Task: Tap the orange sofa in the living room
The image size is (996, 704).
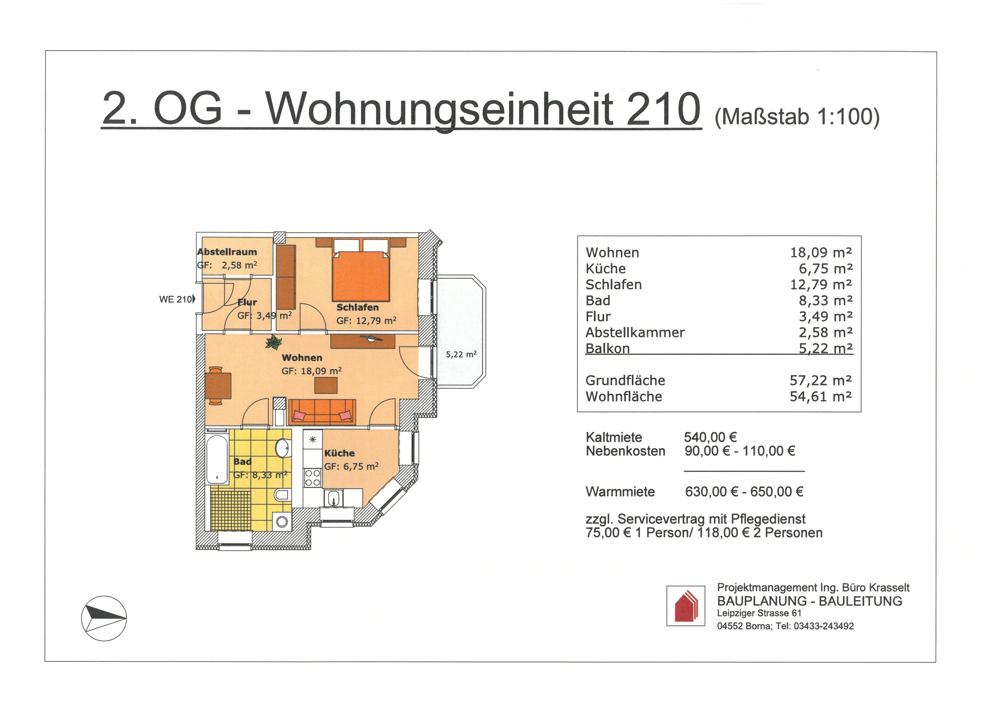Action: click(322, 412)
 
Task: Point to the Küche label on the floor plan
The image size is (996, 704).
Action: click(340, 453)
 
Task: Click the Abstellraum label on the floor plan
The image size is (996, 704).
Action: click(227, 252)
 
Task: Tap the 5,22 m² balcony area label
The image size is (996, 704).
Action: click(461, 354)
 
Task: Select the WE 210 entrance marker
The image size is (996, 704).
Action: click(177, 299)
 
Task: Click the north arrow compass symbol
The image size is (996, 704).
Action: click(104, 618)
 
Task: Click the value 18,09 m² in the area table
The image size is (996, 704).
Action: click(821, 252)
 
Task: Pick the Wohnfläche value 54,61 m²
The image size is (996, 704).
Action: click(821, 396)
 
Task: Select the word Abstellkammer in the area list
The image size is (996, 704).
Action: click(635, 333)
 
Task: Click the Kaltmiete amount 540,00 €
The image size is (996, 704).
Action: click(710, 437)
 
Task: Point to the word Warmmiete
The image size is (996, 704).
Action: click(620, 492)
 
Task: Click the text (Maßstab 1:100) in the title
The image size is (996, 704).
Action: click(797, 117)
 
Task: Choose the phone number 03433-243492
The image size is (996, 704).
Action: click(824, 626)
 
